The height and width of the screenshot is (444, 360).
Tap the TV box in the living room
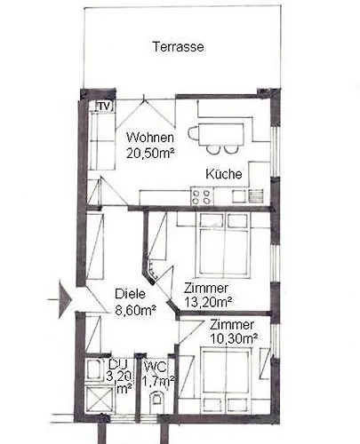[x=104, y=107]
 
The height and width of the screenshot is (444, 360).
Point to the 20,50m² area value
[x=149, y=153]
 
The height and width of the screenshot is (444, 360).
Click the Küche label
[x=224, y=174]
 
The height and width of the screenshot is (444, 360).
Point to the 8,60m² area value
[x=136, y=310]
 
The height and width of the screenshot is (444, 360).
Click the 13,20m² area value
[x=209, y=303]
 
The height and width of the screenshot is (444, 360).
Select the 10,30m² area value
[x=233, y=338]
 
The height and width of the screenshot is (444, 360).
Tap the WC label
[x=156, y=366]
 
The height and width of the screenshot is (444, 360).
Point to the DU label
[x=118, y=364]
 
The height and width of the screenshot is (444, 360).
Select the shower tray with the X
[x=100, y=400]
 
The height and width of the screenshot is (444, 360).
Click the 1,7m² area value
[x=158, y=381]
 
